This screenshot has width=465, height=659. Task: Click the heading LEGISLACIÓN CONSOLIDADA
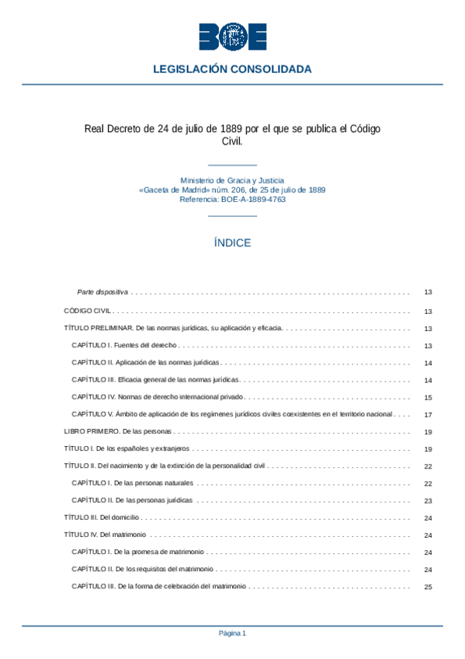[x=232, y=69]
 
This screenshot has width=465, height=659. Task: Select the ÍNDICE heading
[x=232, y=243]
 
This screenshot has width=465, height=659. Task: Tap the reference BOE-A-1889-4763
[x=253, y=200]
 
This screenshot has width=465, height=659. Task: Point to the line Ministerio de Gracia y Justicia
[x=232, y=180]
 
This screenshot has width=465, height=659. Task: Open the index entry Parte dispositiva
[x=102, y=293]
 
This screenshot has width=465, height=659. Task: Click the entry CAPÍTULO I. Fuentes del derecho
[x=124, y=345]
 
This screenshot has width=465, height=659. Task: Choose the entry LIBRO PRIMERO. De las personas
[x=116, y=431]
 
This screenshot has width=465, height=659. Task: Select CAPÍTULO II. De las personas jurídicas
[x=132, y=500]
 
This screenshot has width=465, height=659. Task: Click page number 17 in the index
[x=428, y=414]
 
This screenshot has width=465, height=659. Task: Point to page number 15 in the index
[x=428, y=397]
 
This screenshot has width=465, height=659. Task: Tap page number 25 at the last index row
[x=428, y=588]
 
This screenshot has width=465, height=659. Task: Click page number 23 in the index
[x=428, y=500]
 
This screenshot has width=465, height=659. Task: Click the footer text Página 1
[x=232, y=633]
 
